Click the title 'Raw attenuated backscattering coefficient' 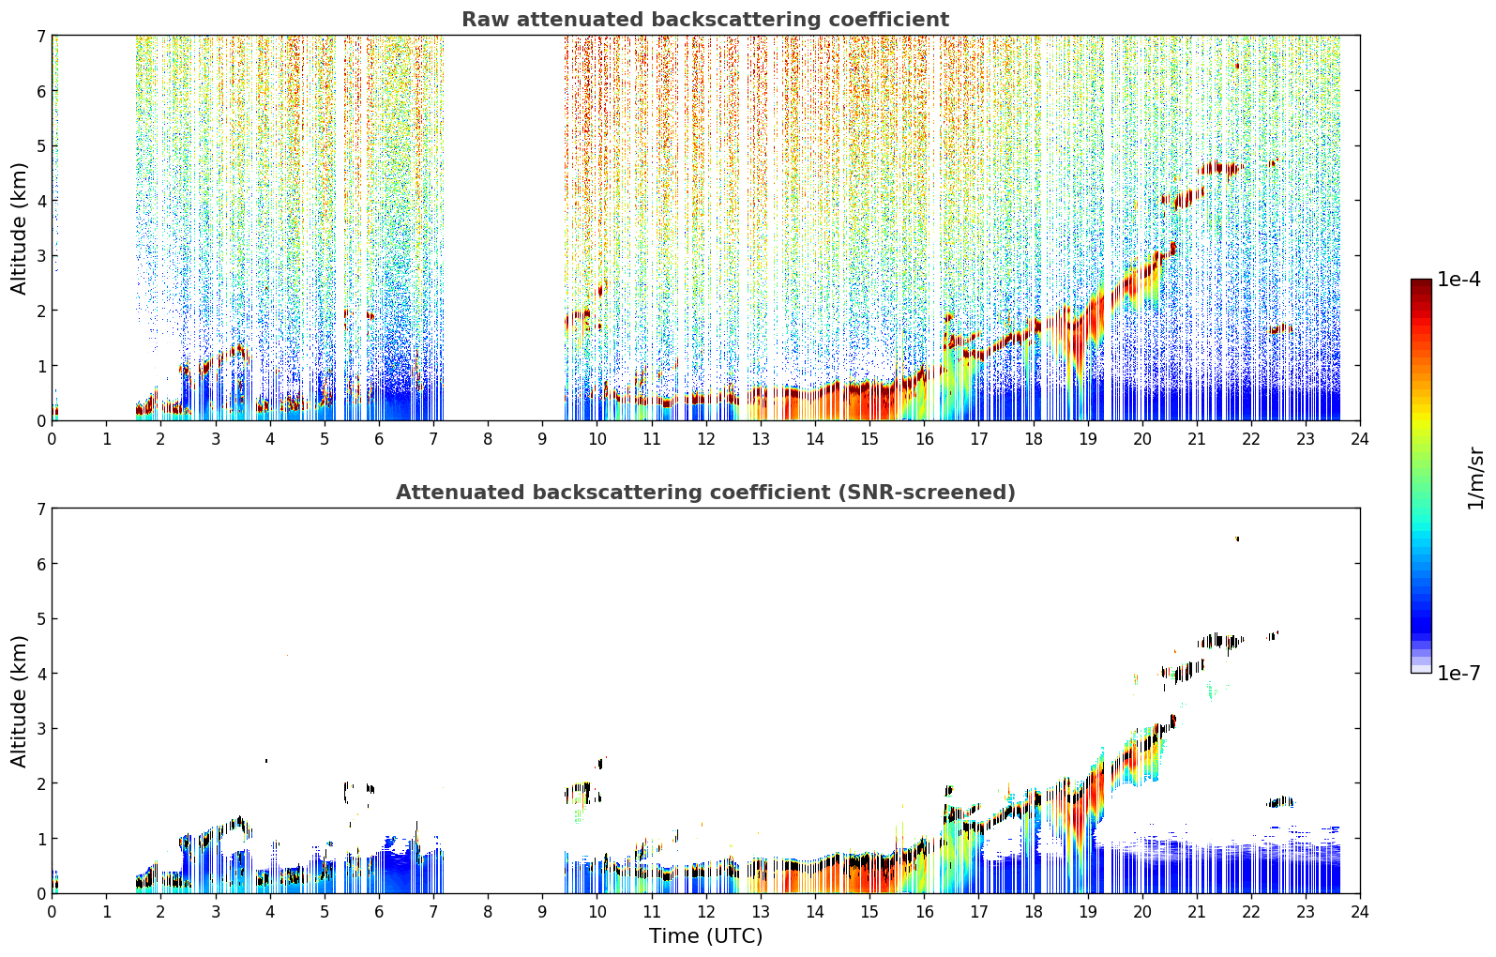coord(705,20)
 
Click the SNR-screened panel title coord(705,492)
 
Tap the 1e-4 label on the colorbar coord(1458,280)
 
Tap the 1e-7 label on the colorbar coord(1458,673)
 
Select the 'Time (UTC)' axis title coord(705,935)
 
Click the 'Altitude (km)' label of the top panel coord(19,229)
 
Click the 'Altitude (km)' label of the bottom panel coord(19,701)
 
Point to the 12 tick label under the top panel coord(706,439)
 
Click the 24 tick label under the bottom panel coord(1360,912)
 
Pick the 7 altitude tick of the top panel coord(41,36)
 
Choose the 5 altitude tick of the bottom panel coord(41,619)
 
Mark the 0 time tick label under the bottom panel coord(53,912)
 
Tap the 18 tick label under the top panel coord(1034,439)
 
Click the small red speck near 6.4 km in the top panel coord(1237,66)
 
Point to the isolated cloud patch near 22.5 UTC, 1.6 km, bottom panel coord(1279,802)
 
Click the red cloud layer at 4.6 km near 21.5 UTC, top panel coord(1219,168)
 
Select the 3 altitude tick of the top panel coord(41,256)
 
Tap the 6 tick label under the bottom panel coord(379,912)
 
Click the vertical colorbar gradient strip coord(1421,476)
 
